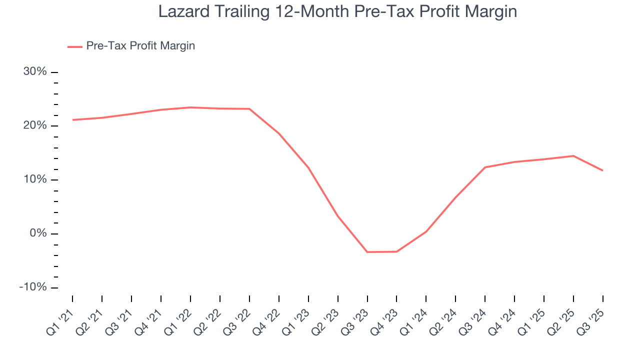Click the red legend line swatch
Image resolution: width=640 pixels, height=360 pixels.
(74, 46)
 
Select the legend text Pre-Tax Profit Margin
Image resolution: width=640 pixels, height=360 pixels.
(140, 46)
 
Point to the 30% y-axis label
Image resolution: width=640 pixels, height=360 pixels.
(35, 72)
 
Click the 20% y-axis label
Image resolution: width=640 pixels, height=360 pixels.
(35, 126)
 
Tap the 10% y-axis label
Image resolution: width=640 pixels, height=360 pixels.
(35, 180)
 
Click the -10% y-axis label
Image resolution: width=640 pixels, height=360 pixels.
(33, 288)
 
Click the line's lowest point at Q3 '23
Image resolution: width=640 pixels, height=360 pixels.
(367, 252)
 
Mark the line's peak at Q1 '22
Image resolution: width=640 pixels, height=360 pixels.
(190, 107)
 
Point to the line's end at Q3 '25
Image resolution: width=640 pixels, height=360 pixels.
(602, 170)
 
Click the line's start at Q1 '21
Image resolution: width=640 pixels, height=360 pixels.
(72, 120)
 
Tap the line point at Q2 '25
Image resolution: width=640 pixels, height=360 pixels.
(573, 156)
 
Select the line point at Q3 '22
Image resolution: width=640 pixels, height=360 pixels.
(249, 109)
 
